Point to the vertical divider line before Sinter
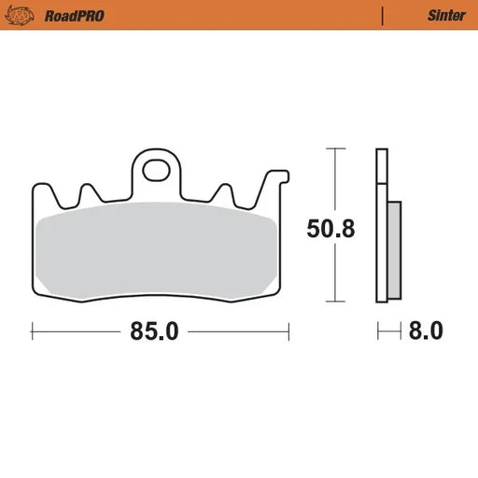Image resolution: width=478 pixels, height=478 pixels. (383, 15)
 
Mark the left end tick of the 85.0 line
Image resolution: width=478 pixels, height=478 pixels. (33, 330)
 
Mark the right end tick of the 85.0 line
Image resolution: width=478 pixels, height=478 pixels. (288, 330)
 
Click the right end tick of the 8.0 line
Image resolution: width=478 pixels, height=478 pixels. (400, 330)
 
